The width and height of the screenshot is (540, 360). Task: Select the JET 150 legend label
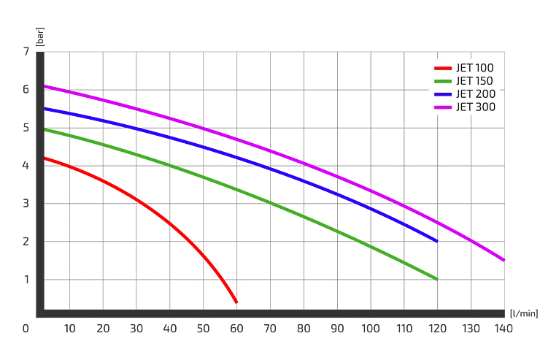pos(475,81)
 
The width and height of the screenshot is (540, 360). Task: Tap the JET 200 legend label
pos(475,94)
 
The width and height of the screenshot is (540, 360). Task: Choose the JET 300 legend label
pos(475,107)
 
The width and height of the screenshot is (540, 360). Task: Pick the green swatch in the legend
pos(442,81)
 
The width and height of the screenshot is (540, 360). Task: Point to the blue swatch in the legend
pos(442,94)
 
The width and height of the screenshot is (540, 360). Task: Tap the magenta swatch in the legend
pos(442,107)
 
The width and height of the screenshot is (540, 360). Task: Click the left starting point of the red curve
pos(46,158)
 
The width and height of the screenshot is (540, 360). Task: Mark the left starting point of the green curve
pos(46,130)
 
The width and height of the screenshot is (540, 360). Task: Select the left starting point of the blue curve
pos(46,109)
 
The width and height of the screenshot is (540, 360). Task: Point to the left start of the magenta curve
pos(46,85)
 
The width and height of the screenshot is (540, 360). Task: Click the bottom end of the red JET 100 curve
pos(236,302)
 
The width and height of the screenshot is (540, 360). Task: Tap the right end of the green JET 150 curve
pos(436,279)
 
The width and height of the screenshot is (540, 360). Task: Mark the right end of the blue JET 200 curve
pos(436,240)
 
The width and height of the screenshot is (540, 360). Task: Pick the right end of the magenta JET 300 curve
pos(504,260)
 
